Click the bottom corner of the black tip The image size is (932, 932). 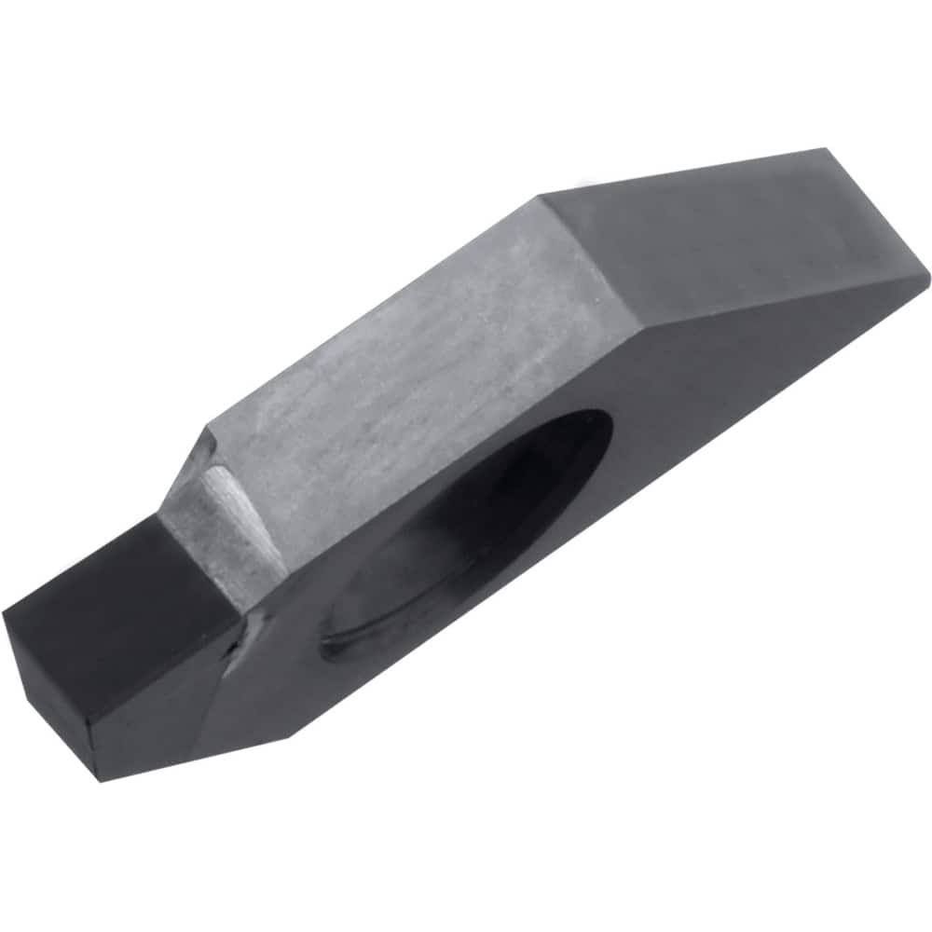[x=101, y=778]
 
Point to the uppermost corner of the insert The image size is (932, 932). [x=825, y=149]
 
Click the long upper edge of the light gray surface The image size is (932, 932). [x=373, y=308]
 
